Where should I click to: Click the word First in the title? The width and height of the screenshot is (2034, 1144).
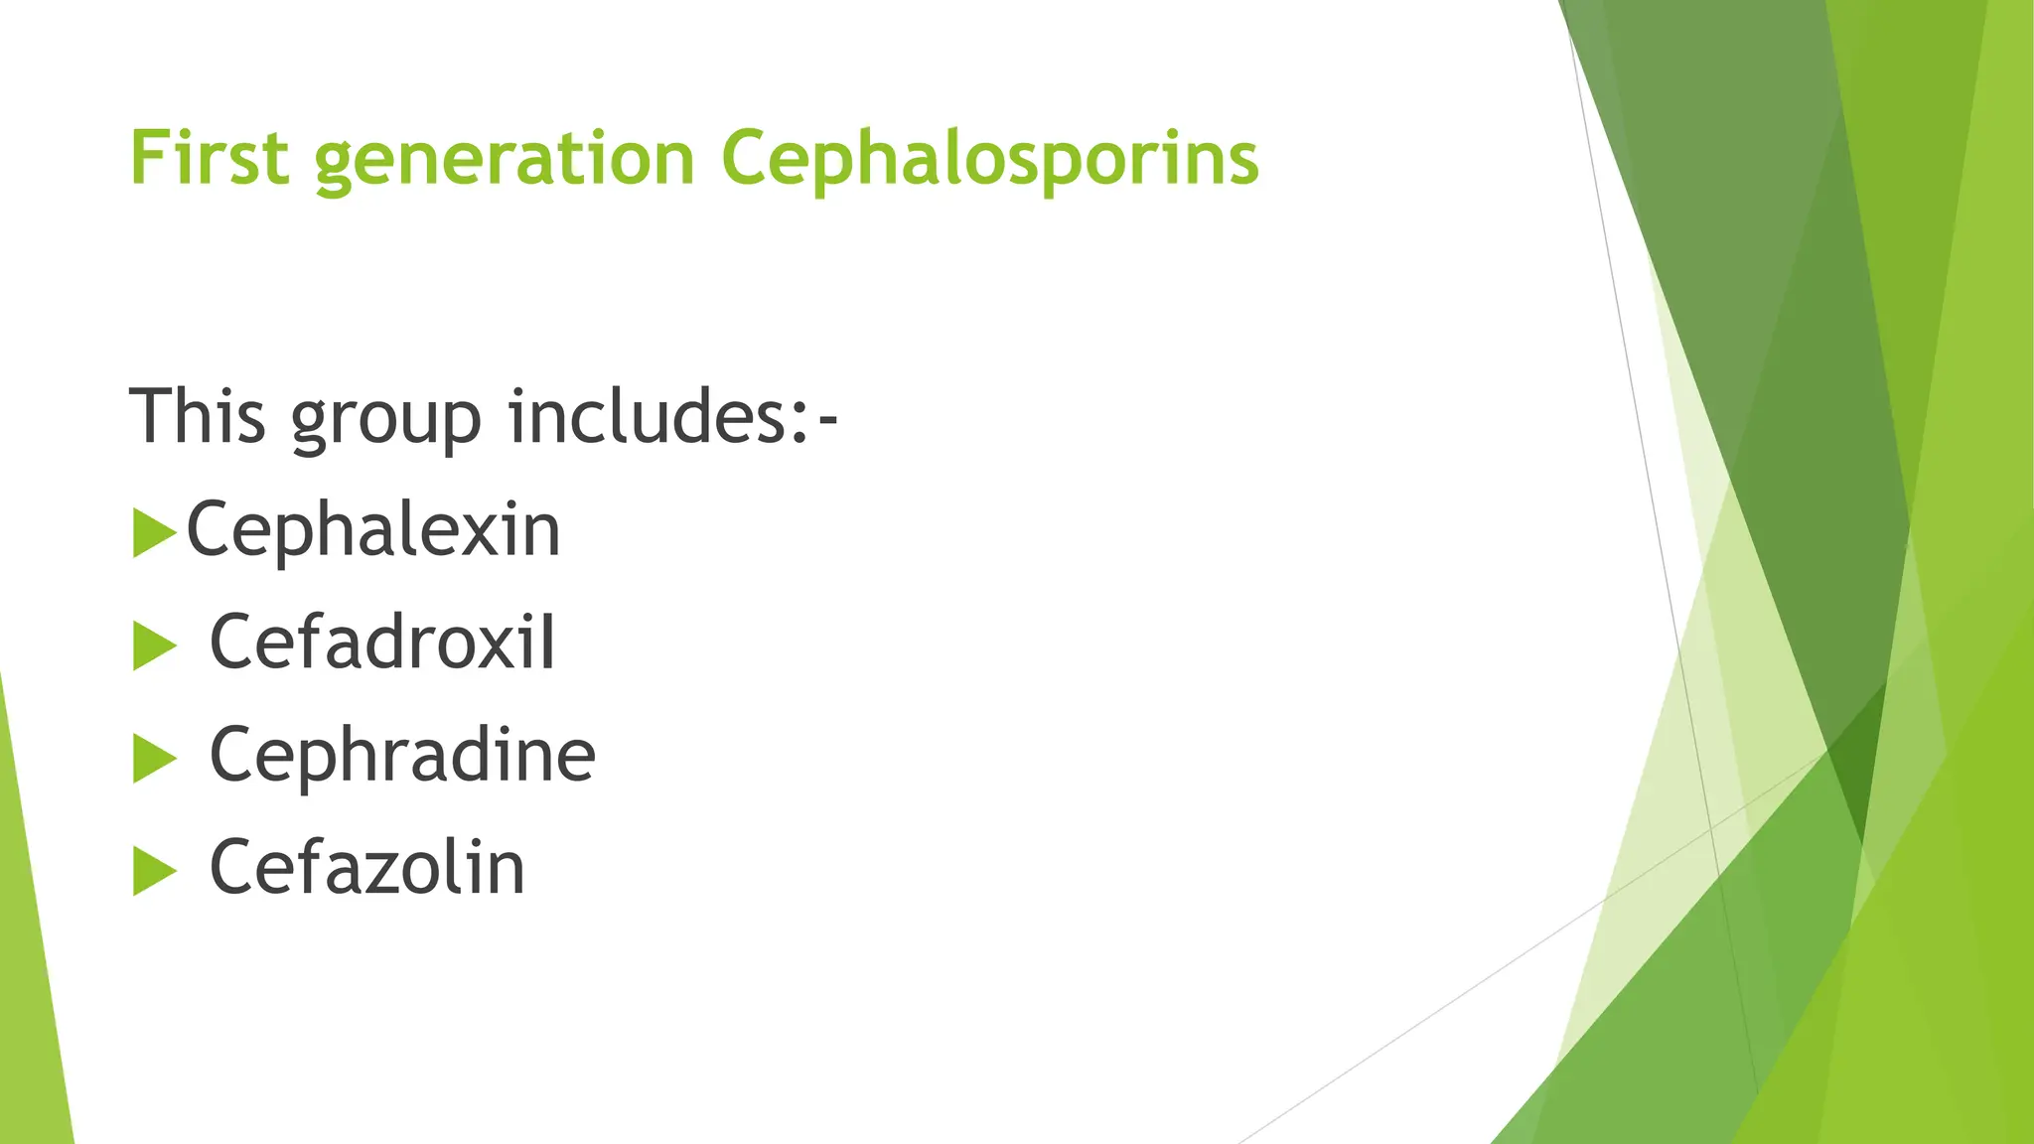(209, 159)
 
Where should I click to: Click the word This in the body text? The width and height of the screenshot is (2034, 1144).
(198, 416)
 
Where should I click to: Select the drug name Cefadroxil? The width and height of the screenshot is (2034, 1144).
(382, 643)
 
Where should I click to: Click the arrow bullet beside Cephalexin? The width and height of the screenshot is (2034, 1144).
(153, 533)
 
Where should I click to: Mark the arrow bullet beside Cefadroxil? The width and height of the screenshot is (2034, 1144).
(153, 646)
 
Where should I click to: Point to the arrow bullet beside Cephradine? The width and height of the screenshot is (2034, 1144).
(153, 760)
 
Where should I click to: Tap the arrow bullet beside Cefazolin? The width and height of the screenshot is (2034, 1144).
(153, 872)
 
